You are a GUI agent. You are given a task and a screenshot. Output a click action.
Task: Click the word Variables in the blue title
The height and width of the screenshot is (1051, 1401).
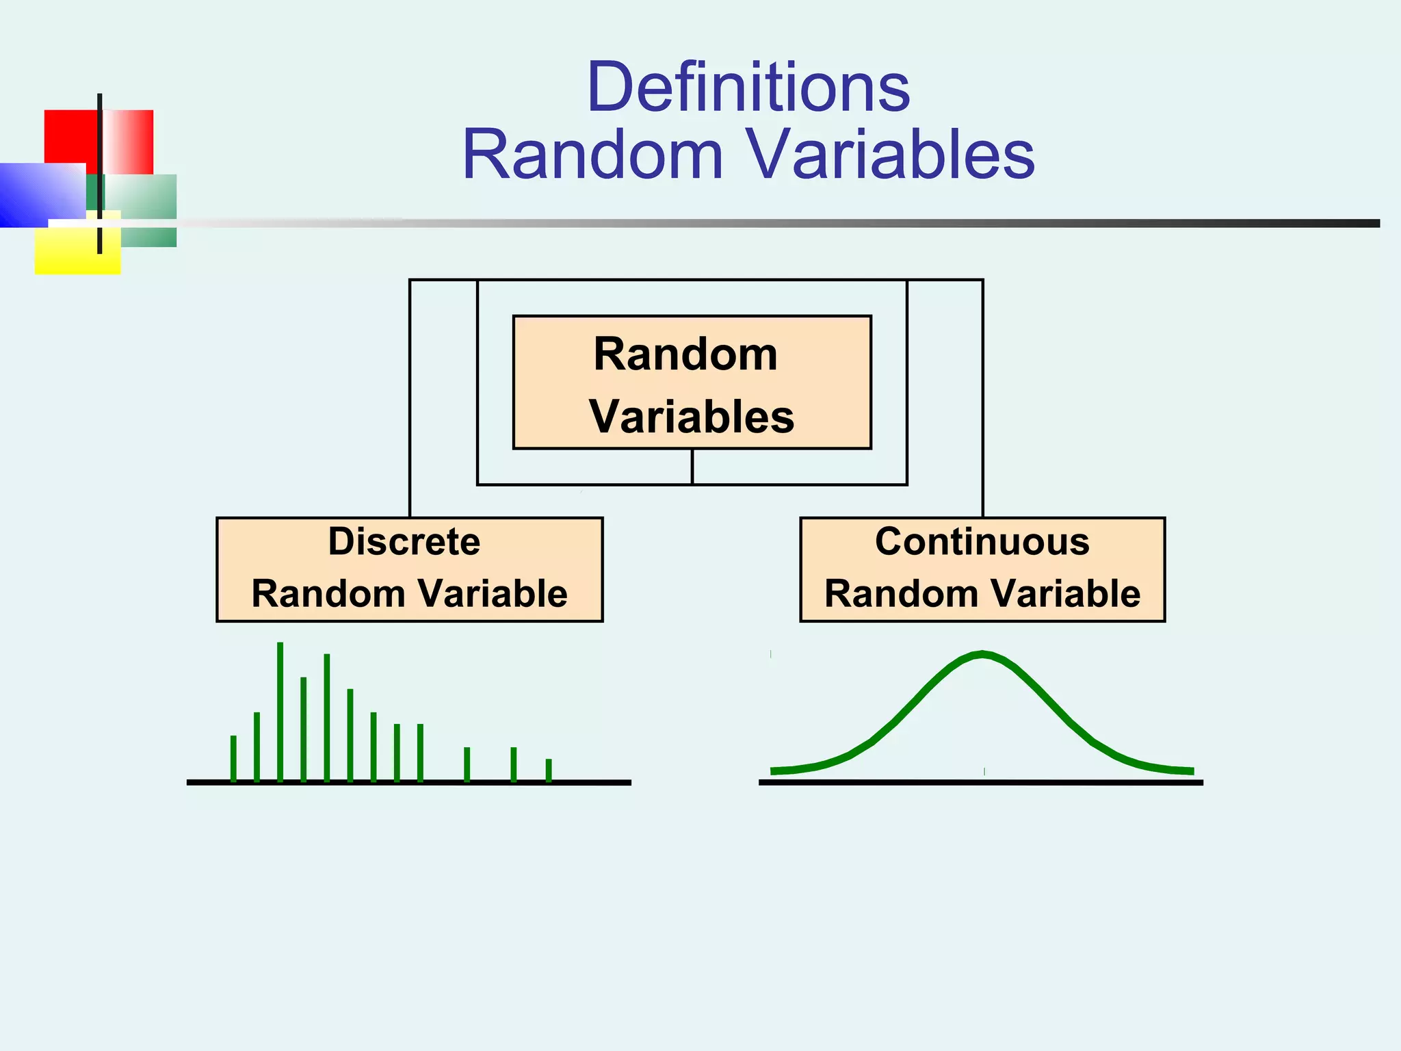tap(889, 155)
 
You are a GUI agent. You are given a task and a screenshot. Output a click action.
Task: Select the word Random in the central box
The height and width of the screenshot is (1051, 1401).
tap(685, 354)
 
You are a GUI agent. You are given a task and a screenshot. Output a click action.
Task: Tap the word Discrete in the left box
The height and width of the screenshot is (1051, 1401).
tap(404, 542)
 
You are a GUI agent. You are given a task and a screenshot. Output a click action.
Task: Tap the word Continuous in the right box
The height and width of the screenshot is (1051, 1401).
tap(982, 542)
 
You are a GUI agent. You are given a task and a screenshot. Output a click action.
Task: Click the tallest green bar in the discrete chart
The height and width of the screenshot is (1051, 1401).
tap(280, 712)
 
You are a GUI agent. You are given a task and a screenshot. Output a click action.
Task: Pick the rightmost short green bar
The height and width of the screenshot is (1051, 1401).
tap(549, 770)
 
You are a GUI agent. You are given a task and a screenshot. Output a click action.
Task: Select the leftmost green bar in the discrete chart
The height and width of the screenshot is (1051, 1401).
tap(233, 758)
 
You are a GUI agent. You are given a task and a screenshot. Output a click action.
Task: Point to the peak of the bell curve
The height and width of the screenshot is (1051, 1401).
tap(982, 655)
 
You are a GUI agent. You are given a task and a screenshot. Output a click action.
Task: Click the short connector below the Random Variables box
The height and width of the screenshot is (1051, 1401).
tap(692, 467)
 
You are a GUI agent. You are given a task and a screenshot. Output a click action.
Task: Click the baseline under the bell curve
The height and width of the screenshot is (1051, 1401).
tap(981, 782)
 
